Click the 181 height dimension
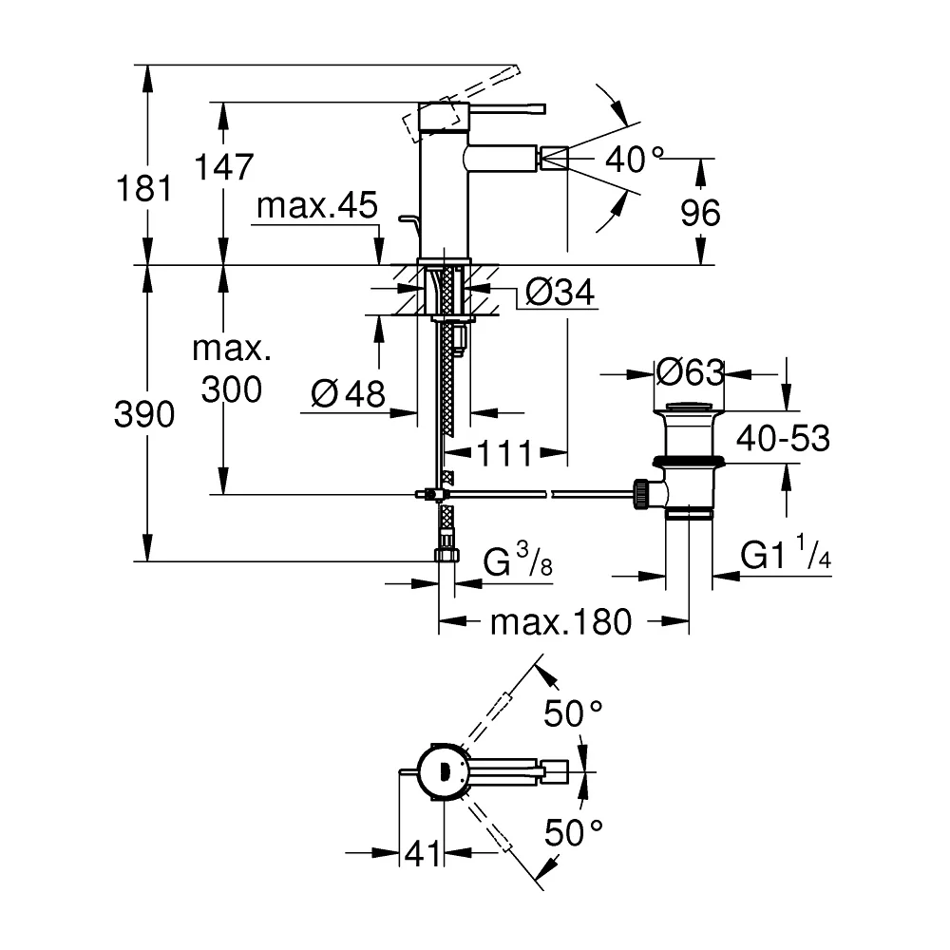coord(144,188)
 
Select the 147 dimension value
coord(223,166)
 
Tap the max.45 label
coord(317,206)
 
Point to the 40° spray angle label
coord(635,160)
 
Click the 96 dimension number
coord(700,213)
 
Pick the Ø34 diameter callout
coord(560,292)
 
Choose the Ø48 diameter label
coord(348,394)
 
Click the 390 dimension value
coord(144,415)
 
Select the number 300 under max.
coord(232,389)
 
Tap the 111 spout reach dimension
coord(505,453)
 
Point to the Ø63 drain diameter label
coord(690,372)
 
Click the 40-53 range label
coord(783,438)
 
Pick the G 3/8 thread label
coord(518,560)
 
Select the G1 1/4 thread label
coord(786,553)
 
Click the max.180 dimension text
coord(561,622)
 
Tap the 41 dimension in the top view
coord(422,854)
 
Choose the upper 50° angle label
coord(573,713)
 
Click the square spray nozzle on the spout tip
coord(555,158)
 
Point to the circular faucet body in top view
coord(444,772)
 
